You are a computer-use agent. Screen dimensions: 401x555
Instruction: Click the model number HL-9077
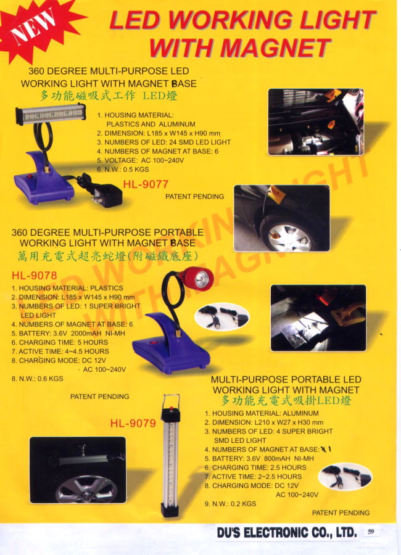click(146, 184)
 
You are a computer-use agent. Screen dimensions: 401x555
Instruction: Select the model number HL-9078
click(34, 276)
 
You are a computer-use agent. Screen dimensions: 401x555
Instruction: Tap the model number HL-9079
click(133, 423)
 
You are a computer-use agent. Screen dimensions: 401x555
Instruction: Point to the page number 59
click(371, 532)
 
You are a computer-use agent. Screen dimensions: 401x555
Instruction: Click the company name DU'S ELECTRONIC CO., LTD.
click(287, 533)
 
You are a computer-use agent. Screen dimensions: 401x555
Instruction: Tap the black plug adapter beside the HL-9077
click(107, 195)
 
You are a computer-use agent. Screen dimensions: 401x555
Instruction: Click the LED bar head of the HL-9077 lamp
click(51, 114)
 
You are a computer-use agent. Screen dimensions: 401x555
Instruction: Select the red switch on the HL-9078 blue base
click(154, 342)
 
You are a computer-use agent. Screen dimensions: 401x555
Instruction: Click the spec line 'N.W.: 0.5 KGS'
click(123, 170)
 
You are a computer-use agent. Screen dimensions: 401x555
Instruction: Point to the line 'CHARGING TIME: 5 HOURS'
click(59, 342)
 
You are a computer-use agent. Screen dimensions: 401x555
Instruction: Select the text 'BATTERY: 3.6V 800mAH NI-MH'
click(259, 458)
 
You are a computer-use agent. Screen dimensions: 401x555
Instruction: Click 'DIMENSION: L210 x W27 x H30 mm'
click(264, 422)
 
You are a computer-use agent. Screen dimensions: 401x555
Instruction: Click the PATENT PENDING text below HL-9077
click(194, 197)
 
